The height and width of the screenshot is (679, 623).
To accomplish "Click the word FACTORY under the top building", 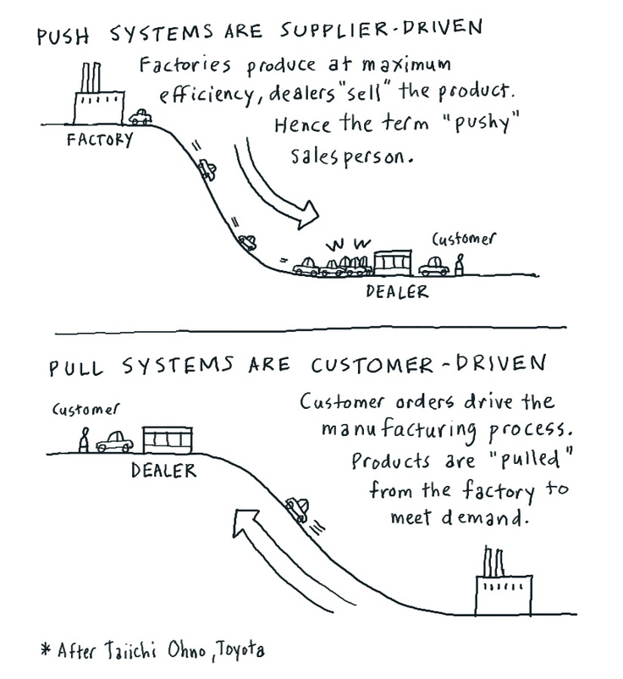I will point(99,140).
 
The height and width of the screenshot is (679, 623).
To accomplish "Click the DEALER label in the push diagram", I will point(397,292).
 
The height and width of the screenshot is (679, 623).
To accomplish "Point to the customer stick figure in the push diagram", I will point(460,266).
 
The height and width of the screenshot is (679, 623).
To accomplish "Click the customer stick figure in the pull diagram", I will point(83,441).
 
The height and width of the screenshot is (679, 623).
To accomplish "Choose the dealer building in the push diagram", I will point(392,262).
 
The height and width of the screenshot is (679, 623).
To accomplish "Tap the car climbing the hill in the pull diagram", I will point(297,510).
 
